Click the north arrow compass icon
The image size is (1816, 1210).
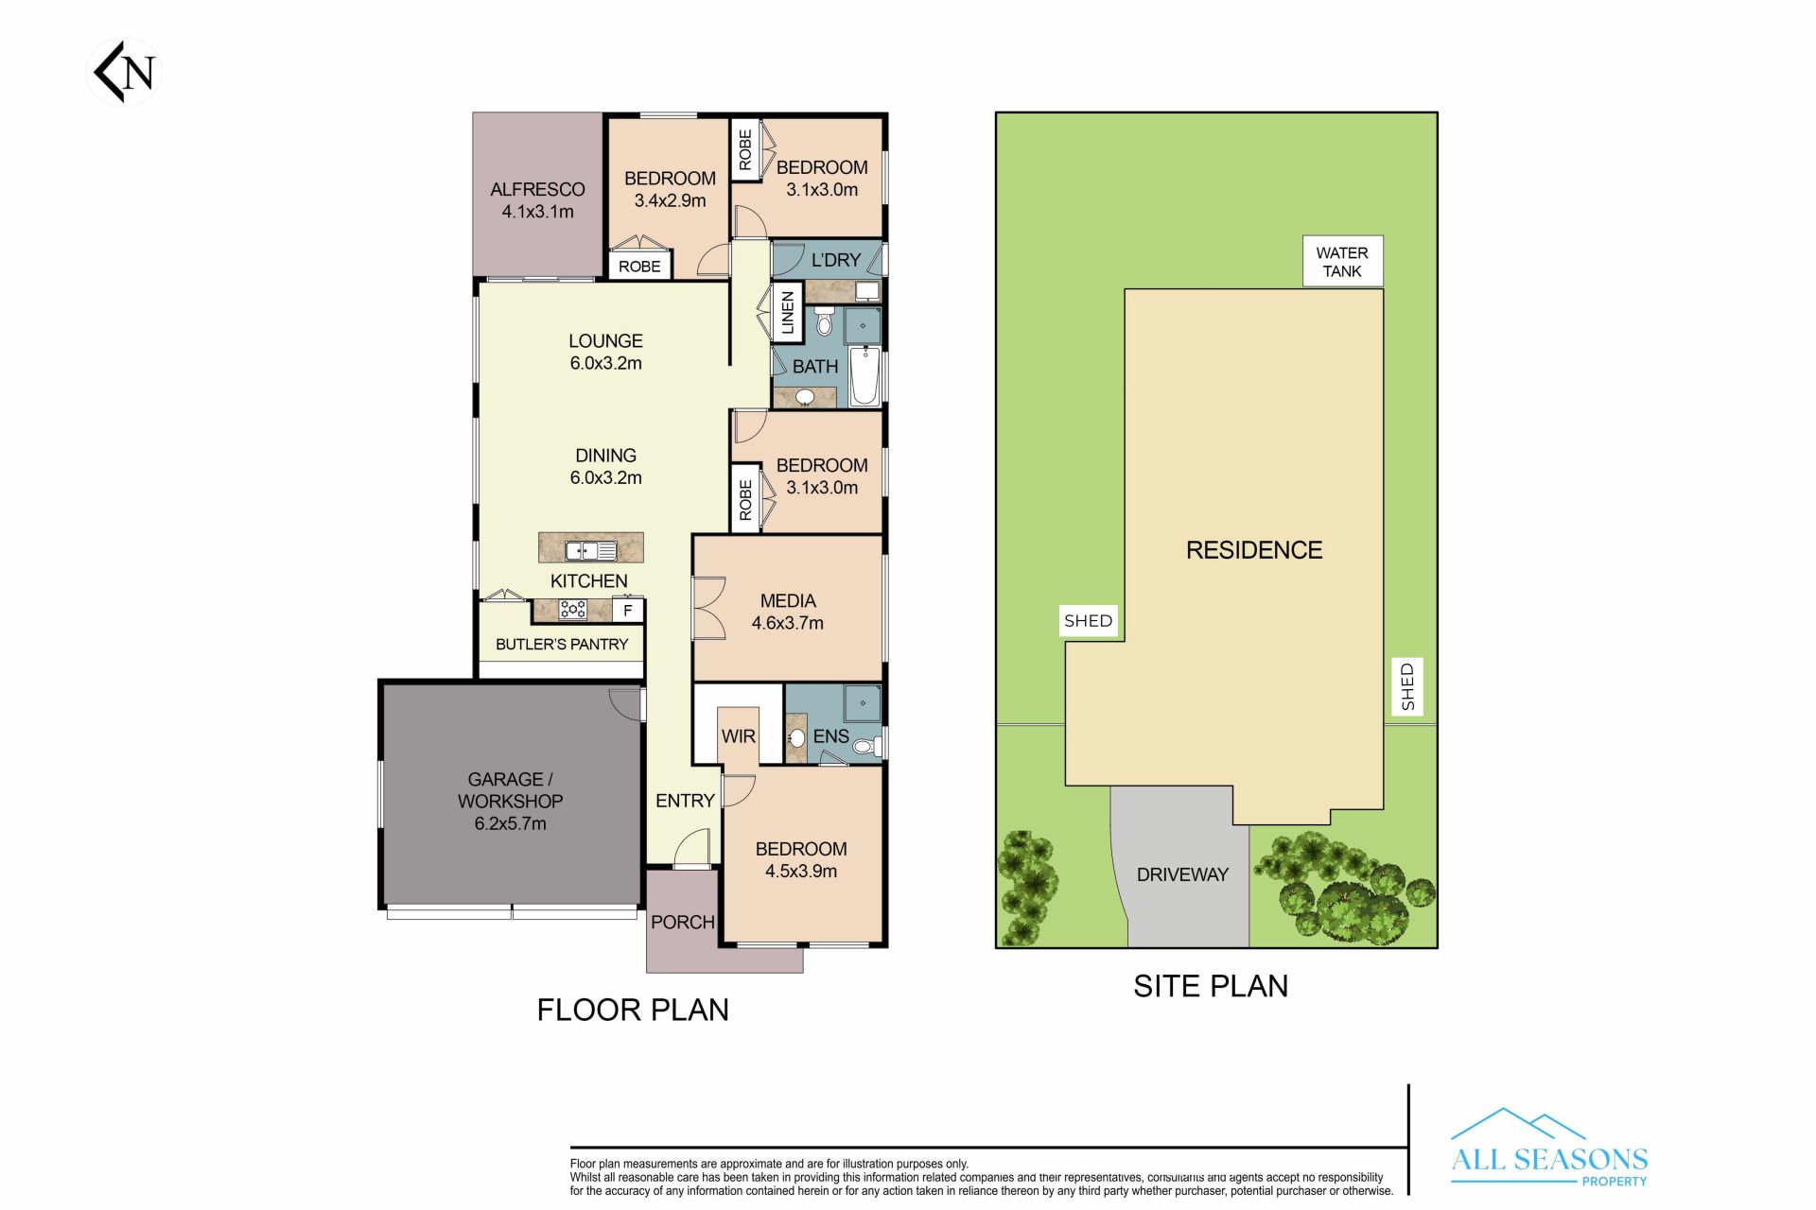(124, 72)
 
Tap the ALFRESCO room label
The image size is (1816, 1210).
(537, 189)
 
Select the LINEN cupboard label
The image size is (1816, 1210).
(787, 312)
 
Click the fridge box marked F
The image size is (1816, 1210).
(627, 611)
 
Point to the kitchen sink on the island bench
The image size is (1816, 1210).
(591, 550)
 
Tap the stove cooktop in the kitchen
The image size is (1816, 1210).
(572, 610)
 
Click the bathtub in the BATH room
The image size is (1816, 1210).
(864, 377)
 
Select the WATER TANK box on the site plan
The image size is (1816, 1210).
(1342, 262)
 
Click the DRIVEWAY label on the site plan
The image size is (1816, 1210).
(1182, 874)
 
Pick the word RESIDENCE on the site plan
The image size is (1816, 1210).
(1254, 550)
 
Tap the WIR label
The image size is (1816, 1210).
(739, 736)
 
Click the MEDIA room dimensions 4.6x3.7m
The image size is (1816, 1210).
(788, 623)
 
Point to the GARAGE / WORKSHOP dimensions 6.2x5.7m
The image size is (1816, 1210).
(510, 823)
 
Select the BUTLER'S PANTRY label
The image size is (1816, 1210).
(562, 644)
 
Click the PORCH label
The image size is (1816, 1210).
(683, 922)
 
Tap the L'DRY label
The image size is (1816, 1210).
(836, 260)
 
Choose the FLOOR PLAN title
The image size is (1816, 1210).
(633, 1010)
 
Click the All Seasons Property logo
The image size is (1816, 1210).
(1549, 1148)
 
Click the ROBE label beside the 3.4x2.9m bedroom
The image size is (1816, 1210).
(639, 267)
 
